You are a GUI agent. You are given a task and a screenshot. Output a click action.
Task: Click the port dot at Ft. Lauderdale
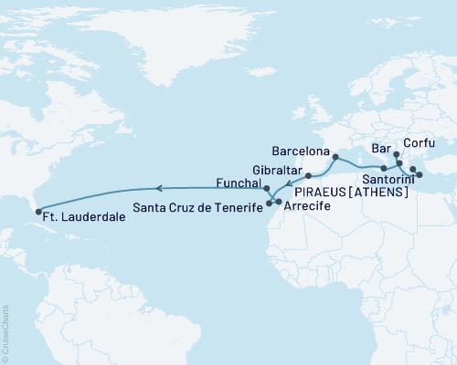(x=37, y=212)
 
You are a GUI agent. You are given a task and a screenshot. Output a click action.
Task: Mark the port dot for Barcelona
(x=336, y=157)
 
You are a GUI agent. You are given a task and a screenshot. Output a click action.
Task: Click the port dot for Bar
(x=396, y=156)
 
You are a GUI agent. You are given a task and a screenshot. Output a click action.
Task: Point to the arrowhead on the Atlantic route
(x=157, y=188)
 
